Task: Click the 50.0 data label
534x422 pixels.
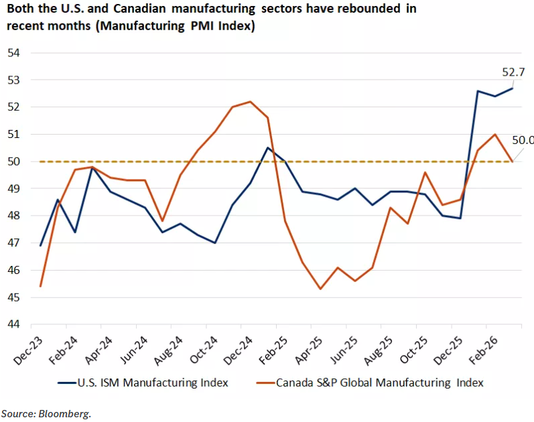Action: pyautogui.click(x=522, y=141)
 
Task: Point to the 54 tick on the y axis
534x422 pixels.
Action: pyautogui.click(x=14, y=53)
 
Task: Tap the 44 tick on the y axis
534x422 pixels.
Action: pyautogui.click(x=14, y=325)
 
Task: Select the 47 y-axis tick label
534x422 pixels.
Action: pyautogui.click(x=14, y=243)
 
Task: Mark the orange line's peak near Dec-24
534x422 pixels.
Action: pyautogui.click(x=250, y=102)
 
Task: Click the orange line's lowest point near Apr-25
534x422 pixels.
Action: pyautogui.click(x=321, y=289)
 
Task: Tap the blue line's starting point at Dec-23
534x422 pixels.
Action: pyautogui.click(x=41, y=246)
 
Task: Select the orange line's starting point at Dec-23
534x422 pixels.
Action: pyautogui.click(x=41, y=286)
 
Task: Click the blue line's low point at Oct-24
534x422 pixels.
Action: pyautogui.click(x=215, y=242)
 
